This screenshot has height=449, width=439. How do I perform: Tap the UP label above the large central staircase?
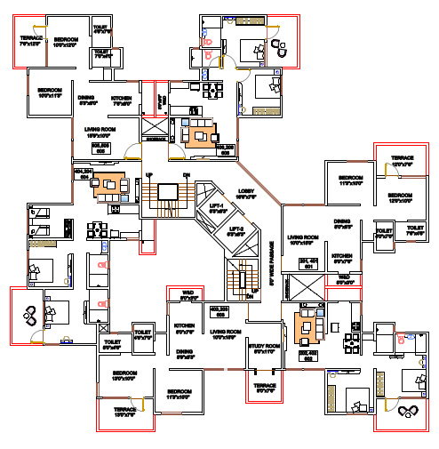(x=149, y=174)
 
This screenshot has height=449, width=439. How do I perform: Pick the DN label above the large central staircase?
(x=186, y=174)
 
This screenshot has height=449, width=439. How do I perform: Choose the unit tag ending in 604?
(x=83, y=174)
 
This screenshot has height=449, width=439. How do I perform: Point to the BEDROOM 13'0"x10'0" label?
(x=124, y=375)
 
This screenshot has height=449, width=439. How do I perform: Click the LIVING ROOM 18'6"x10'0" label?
(x=103, y=132)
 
